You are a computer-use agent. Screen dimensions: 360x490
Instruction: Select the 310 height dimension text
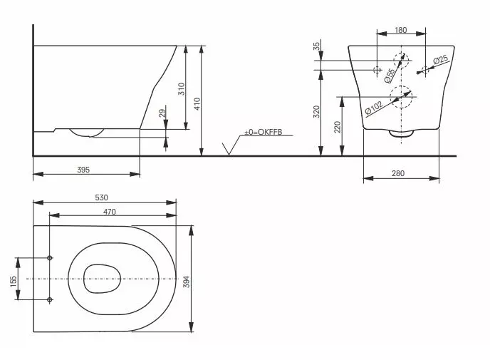click(x=181, y=89)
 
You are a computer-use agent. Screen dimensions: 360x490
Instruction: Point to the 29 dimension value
click(x=162, y=114)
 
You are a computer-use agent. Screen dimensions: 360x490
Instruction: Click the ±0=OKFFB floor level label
click(x=263, y=132)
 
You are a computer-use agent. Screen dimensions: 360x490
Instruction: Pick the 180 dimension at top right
click(x=400, y=30)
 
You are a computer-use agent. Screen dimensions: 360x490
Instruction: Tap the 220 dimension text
click(x=338, y=128)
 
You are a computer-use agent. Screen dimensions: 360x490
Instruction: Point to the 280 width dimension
click(x=400, y=173)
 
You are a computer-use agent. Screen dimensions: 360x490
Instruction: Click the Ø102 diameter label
click(x=374, y=107)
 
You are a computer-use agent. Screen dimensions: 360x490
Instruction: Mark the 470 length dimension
click(x=109, y=211)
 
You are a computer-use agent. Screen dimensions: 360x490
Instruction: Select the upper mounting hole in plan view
click(x=49, y=257)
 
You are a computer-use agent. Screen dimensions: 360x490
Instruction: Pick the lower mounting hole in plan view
click(x=49, y=300)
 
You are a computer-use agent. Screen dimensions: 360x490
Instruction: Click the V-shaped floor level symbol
click(x=229, y=148)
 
